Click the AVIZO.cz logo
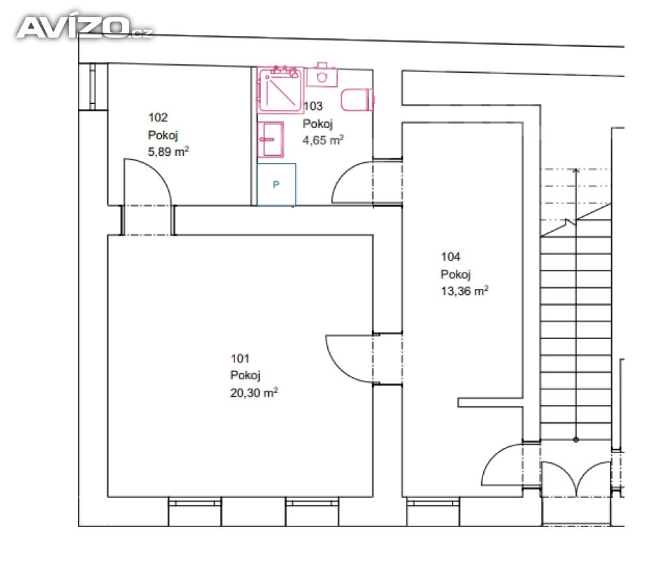click(84, 27)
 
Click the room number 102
click(158, 118)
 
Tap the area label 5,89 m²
click(168, 151)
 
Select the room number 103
click(313, 106)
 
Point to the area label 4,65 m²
click(323, 140)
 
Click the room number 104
click(451, 256)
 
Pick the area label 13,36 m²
click(464, 291)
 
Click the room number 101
click(240, 359)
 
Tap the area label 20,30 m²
click(254, 393)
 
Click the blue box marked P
click(276, 185)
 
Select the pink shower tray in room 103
click(281, 90)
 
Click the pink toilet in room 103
click(358, 100)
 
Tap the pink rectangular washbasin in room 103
click(270, 140)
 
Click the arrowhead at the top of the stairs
click(575, 171)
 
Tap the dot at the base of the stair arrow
click(575, 440)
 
